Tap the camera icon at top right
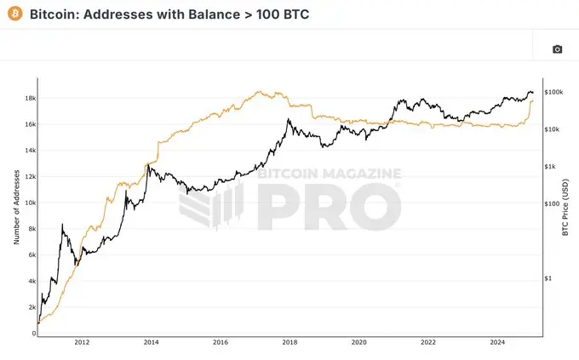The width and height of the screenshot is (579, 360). tap(557, 49)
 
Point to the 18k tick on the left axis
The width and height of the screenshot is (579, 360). tap(30, 98)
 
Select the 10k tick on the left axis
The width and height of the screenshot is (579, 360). tap(30, 203)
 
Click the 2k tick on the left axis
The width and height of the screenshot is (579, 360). tap(31, 307)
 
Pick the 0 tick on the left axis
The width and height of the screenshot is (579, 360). tap(33, 334)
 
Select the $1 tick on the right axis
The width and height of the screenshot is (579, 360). tap(547, 278)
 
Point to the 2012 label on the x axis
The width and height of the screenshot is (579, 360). tap(82, 343)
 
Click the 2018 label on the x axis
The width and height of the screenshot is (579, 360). tap(289, 343)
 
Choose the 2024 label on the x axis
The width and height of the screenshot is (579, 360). tap(497, 343)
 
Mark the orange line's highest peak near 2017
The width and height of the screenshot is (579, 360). tap(258, 92)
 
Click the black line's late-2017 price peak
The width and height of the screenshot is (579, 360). tap(289, 120)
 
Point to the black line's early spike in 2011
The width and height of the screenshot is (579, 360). tap(63, 225)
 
